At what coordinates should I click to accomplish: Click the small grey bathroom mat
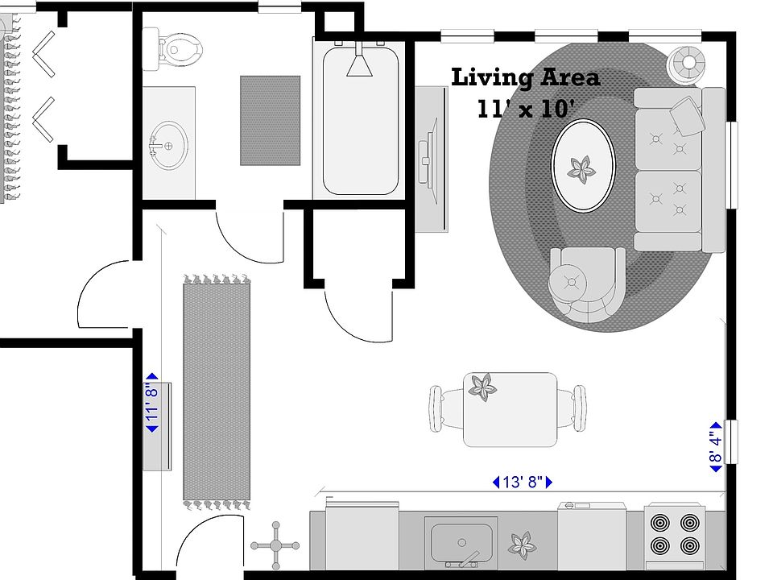pyautogui.click(x=270, y=120)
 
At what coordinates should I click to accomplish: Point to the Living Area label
pyautogui.click(x=525, y=78)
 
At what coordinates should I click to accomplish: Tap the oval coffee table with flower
pyautogui.click(x=582, y=165)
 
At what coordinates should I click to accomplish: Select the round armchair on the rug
pyautogui.click(x=585, y=283)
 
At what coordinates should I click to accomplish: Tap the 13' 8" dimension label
pyautogui.click(x=523, y=483)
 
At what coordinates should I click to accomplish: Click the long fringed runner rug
pyautogui.click(x=217, y=391)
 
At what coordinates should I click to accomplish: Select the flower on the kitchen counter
pyautogui.click(x=522, y=545)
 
